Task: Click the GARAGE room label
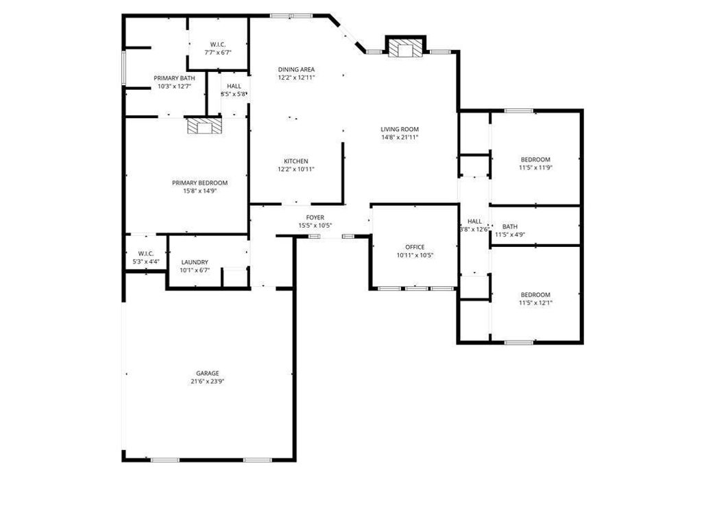click(x=207, y=373)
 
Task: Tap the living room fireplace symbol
click(x=405, y=49)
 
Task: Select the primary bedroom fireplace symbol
click(x=204, y=126)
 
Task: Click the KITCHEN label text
click(x=296, y=161)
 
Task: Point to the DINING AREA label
click(x=296, y=69)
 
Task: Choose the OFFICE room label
click(x=415, y=247)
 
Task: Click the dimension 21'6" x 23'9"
click(x=207, y=381)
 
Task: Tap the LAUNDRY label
click(x=195, y=262)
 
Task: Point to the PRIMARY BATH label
click(x=175, y=78)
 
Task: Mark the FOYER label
click(x=315, y=217)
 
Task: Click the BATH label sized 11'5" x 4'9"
click(x=510, y=226)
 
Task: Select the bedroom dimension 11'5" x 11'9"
click(x=535, y=168)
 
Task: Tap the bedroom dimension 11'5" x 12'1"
click(x=535, y=303)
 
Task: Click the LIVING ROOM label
click(x=400, y=130)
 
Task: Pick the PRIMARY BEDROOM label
click(x=199, y=182)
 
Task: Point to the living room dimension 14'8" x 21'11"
click(x=400, y=137)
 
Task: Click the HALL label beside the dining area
click(x=234, y=86)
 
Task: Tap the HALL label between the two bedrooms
click(x=474, y=221)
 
